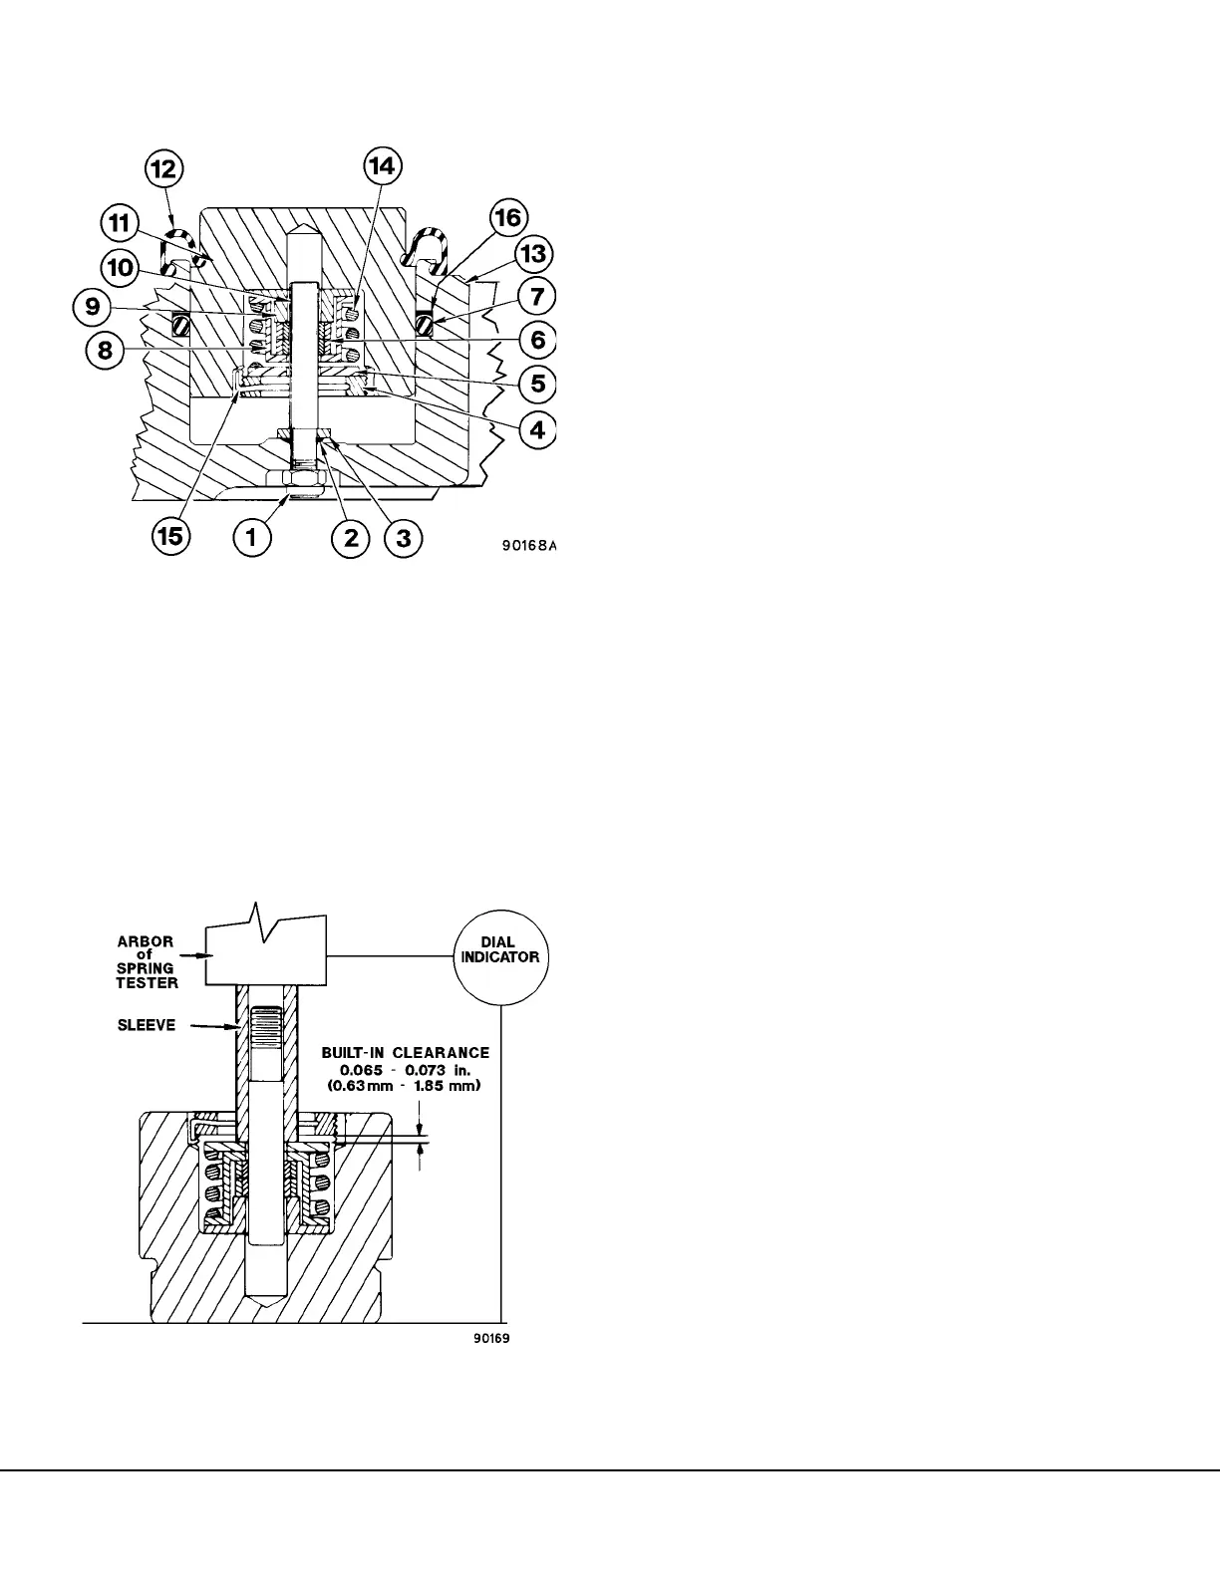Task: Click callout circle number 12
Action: coord(164,170)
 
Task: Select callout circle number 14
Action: coord(383,166)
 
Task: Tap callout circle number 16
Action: coord(509,217)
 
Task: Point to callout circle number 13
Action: coord(535,255)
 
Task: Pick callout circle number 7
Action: coord(537,297)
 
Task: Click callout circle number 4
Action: coord(537,430)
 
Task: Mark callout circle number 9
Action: coord(92,307)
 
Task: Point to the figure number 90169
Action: coord(491,1338)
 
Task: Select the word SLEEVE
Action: coord(146,1025)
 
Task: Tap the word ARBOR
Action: coord(146,940)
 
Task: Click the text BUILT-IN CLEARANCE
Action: coord(405,1052)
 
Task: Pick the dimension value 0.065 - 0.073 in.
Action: coord(403,1069)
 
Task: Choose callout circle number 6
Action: coord(537,340)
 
